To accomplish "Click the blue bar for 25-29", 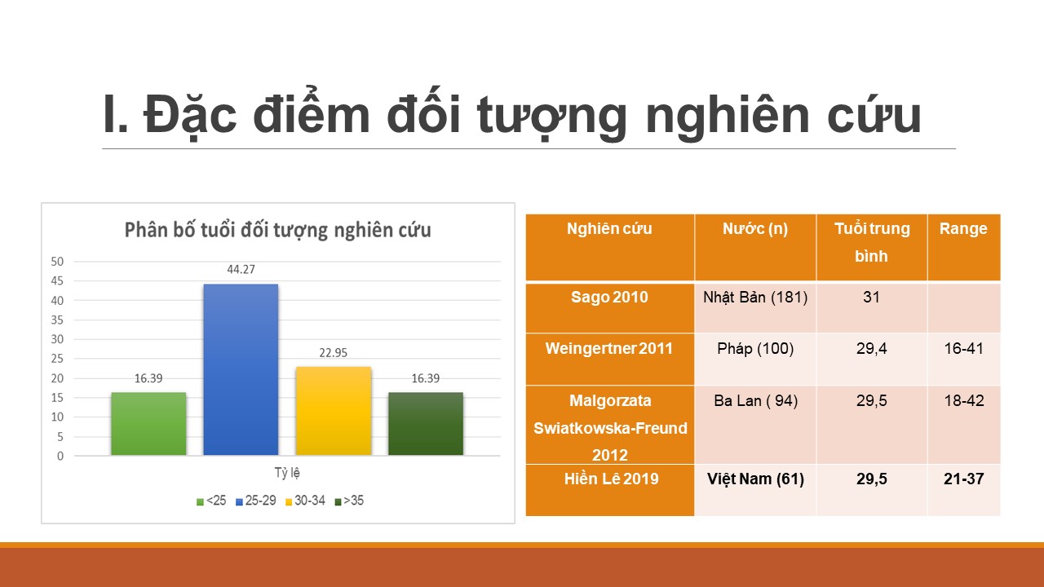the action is click(241, 369).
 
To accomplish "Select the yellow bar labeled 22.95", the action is click(334, 411).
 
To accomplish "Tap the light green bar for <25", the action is click(148, 423).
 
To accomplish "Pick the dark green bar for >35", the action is click(426, 423).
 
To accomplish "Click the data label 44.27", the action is click(241, 269).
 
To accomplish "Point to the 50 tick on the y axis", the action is click(57, 262).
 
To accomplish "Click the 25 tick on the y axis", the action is click(57, 359).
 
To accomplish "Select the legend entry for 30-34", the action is click(305, 501).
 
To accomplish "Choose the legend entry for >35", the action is click(349, 501).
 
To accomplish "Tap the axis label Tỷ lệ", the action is click(287, 473).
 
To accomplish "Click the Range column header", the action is click(963, 229).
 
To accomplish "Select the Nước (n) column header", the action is click(755, 229).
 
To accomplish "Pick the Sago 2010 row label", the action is click(609, 298).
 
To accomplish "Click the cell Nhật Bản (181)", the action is click(755, 298).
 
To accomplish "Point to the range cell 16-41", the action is click(963, 348).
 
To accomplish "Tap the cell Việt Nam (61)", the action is click(755, 479).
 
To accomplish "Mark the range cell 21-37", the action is click(963, 479).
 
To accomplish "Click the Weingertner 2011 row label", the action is click(609, 348).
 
